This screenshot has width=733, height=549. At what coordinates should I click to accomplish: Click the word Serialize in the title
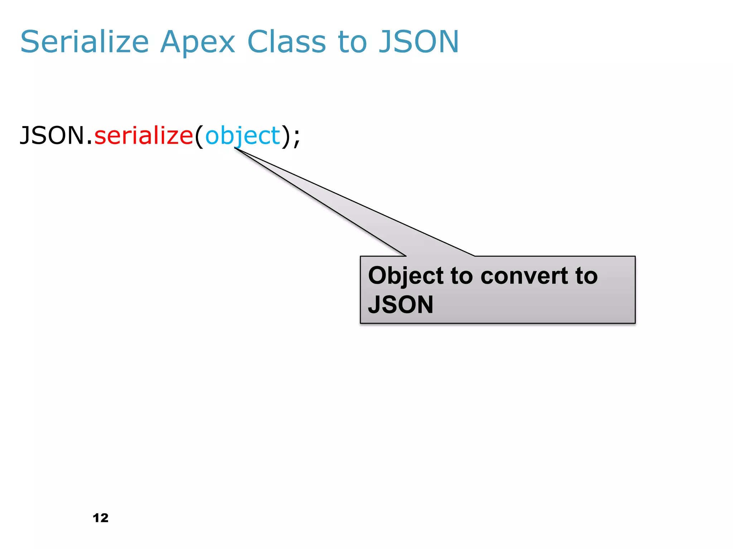pos(84,42)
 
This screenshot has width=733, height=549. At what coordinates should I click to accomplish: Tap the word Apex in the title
pos(198,42)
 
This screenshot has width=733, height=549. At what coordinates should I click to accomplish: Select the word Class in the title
pos(286,42)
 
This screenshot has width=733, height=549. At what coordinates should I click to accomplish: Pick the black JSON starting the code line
pos(52,136)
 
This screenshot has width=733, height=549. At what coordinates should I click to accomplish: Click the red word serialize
pos(144,136)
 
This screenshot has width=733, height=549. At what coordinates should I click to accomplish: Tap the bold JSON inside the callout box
pos(401,305)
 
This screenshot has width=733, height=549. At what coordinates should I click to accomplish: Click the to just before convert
pos(461,276)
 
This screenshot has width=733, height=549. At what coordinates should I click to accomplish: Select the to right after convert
pos(586,276)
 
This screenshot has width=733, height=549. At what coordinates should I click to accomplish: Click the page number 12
pos(101,518)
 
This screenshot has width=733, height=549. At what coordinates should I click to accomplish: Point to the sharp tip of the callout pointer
pos(235,148)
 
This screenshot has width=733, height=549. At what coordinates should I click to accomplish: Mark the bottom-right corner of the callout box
pos(635,323)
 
